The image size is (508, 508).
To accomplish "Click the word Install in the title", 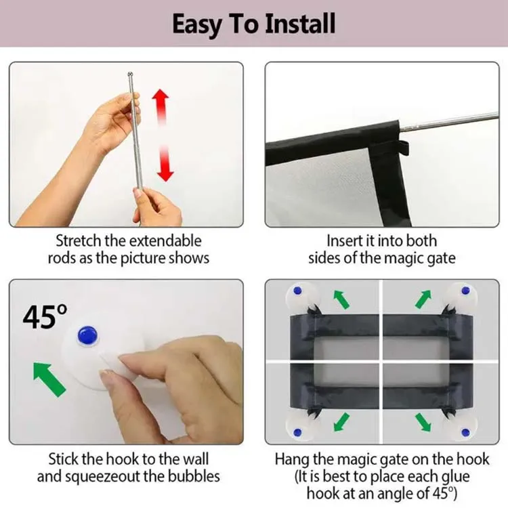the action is click(300, 24).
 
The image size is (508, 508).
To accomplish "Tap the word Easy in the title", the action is click(197, 24).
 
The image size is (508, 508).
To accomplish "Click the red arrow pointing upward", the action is click(161, 108).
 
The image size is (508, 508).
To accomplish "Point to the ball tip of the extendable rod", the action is click(130, 75).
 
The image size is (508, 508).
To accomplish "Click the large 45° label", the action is click(45, 317).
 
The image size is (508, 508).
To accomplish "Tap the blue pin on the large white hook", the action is click(87, 335).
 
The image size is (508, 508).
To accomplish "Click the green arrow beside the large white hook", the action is click(49, 379).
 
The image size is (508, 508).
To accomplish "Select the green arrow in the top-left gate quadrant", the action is click(341, 299).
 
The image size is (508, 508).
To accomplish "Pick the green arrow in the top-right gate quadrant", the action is click(423, 299).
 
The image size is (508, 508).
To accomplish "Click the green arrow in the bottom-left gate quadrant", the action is click(341, 422).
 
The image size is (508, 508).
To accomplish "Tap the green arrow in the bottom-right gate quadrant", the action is click(423, 422).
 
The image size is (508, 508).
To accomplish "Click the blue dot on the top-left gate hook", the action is click(297, 291).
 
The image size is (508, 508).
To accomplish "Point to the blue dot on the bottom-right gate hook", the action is click(465, 432).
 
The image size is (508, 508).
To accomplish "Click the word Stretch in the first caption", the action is click(79, 240).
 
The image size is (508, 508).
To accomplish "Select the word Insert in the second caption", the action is click(344, 240).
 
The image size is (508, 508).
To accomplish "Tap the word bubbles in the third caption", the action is click(194, 476).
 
